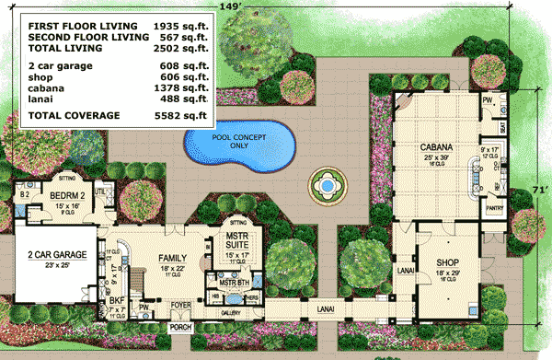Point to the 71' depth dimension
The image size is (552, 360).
coord(538,189)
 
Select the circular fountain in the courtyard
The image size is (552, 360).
coord(324,187)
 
